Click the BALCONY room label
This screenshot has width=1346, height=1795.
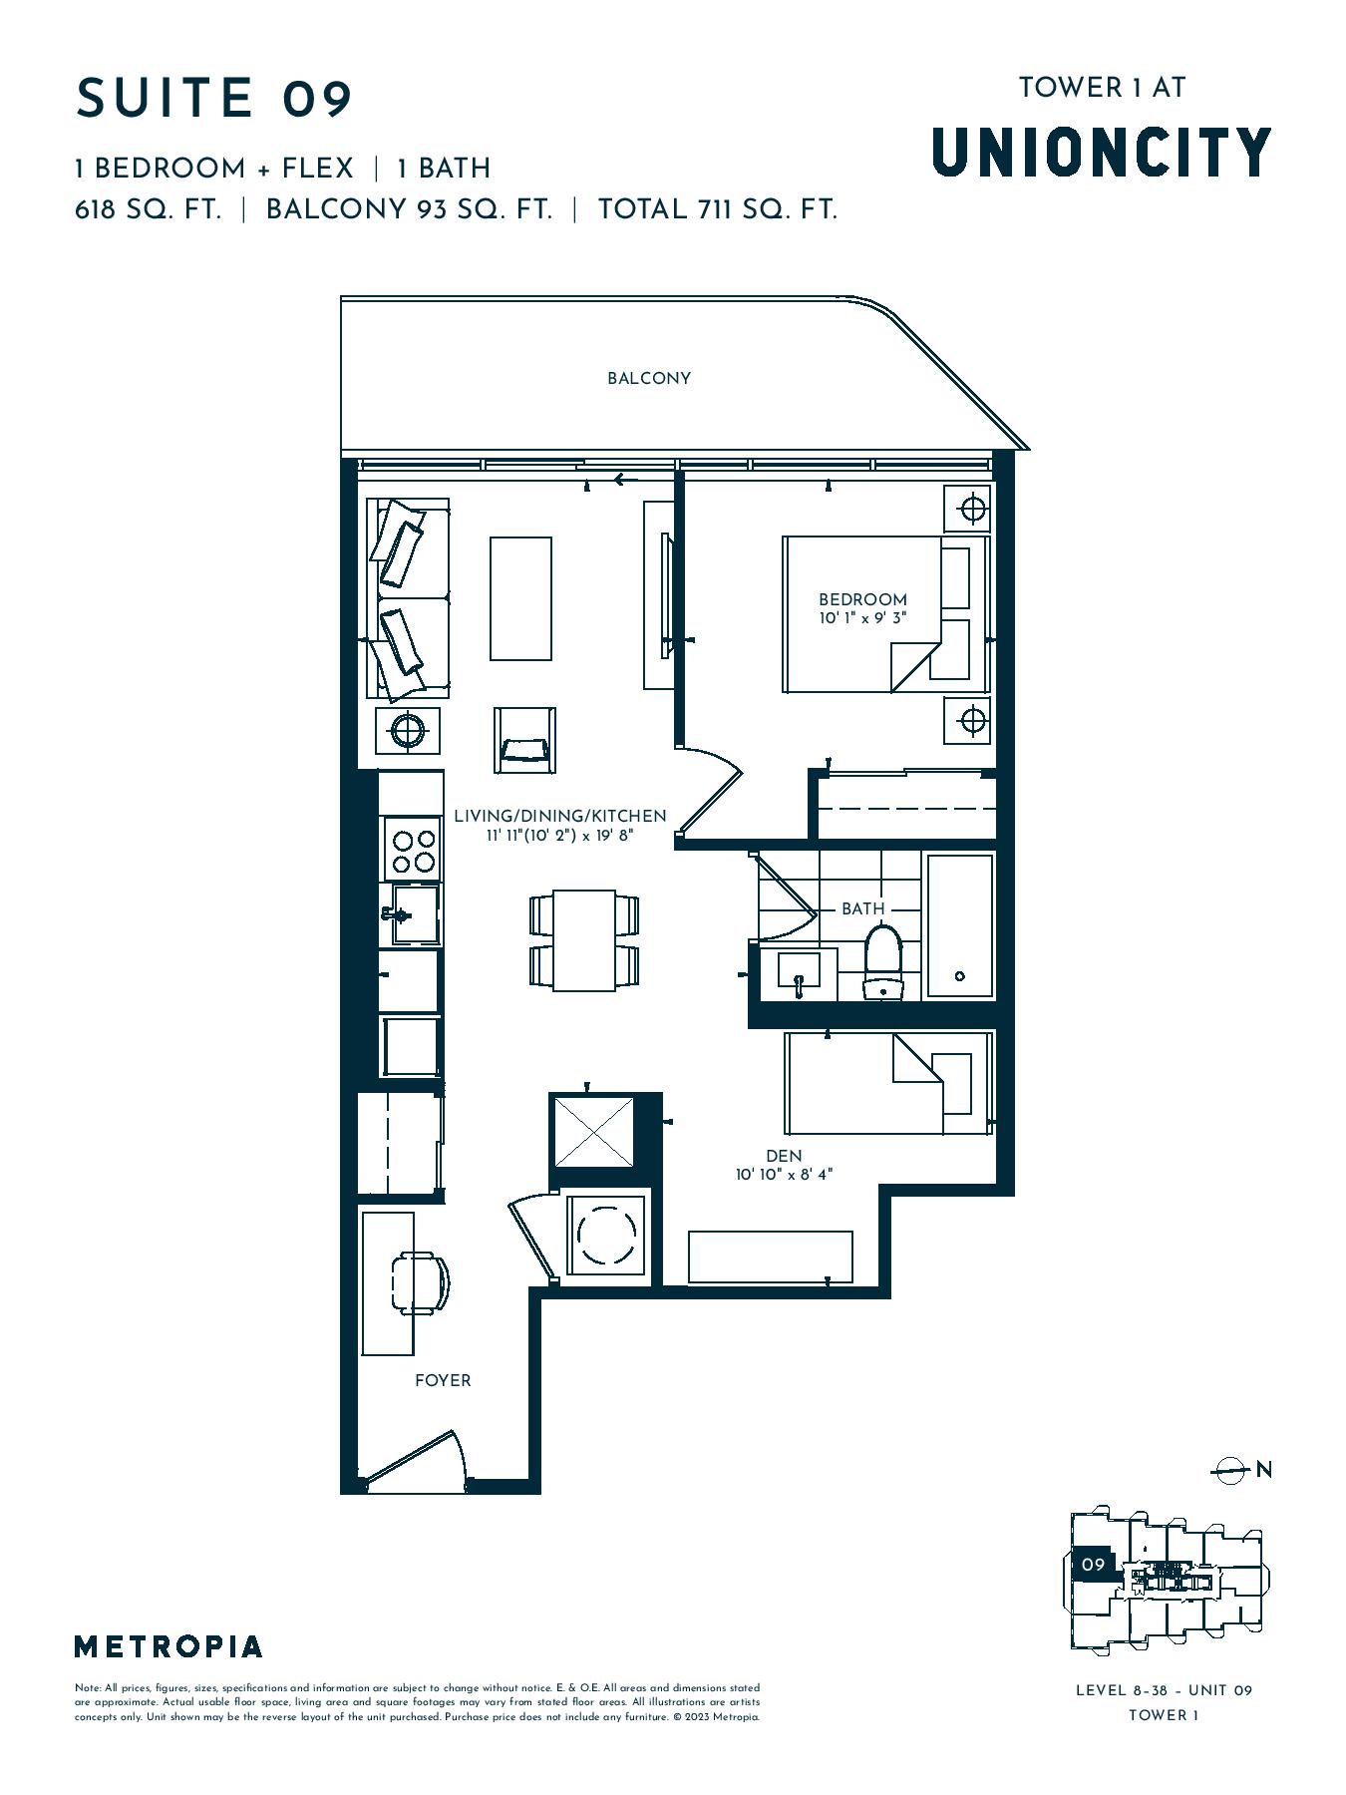[x=649, y=378]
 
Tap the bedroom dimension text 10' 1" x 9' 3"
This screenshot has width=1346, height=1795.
[x=863, y=618]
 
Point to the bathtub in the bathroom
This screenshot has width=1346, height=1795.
[x=960, y=924]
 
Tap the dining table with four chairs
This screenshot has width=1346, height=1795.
[x=584, y=940]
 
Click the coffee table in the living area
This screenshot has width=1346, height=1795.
[x=520, y=598]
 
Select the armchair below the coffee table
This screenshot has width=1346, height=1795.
[x=524, y=741]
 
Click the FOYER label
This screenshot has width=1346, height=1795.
[x=443, y=1380]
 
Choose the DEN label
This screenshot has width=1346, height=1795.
[x=785, y=1156]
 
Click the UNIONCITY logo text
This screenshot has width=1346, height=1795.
[x=1102, y=152]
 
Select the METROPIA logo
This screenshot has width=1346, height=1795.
[x=168, y=1646]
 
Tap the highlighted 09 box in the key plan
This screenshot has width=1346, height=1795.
[x=1094, y=1565]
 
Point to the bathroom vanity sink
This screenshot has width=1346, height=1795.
[x=798, y=971]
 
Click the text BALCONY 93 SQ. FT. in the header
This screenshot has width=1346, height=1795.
[x=409, y=209]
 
